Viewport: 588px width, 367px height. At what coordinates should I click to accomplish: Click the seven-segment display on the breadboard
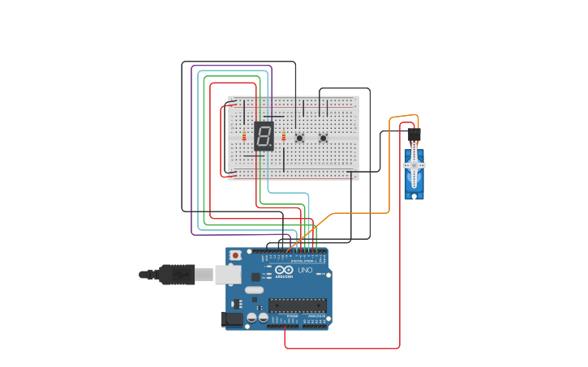pos(263,136)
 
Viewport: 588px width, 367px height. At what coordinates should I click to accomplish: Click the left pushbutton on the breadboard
pos(299,139)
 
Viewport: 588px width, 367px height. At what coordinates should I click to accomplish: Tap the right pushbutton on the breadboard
pos(323,139)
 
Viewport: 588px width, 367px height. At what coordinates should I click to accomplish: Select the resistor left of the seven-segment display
pos(243,137)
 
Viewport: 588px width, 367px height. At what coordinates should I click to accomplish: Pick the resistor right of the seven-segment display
pos(284,137)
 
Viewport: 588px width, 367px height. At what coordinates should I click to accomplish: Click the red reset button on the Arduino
pos(235,255)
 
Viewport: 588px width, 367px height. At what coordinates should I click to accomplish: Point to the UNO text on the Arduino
pos(305,271)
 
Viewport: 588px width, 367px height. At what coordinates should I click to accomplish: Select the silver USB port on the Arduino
pos(228,275)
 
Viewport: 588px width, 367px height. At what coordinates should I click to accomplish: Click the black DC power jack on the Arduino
pos(233,320)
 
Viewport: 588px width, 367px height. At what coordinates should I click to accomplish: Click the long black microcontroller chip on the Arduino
pos(298,305)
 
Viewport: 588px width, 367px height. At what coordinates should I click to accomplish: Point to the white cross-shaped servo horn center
pos(414,165)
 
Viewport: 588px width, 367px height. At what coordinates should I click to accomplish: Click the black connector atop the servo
pos(414,133)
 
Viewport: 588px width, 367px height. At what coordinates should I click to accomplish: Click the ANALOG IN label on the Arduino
pos(315,317)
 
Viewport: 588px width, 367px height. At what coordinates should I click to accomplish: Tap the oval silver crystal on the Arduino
pos(255,290)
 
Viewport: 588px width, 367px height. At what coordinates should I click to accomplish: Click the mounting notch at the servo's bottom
pos(414,195)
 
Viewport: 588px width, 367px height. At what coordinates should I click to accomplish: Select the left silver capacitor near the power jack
pos(251,318)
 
